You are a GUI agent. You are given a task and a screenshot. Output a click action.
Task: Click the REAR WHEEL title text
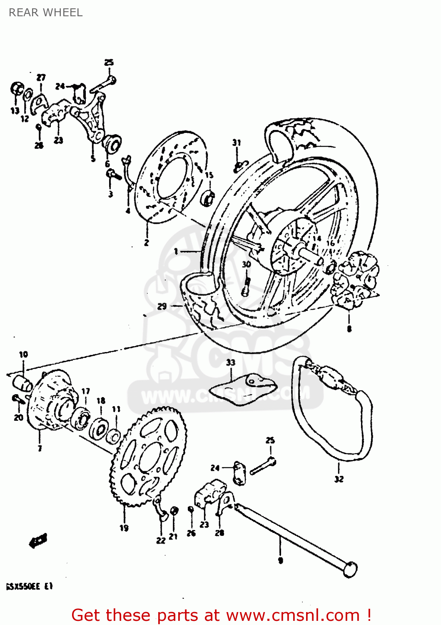click(x=45, y=12)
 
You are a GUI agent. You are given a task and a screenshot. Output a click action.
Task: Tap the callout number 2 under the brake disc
click(x=147, y=242)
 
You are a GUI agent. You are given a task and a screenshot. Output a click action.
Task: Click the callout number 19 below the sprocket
click(x=124, y=528)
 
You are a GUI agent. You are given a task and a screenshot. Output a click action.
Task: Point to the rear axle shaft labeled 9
click(x=292, y=542)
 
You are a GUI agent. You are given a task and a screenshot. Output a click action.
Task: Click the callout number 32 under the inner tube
click(x=339, y=479)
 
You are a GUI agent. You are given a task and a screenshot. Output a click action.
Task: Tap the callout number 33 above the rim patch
click(x=231, y=362)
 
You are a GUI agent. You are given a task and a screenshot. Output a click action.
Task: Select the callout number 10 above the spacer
click(x=23, y=354)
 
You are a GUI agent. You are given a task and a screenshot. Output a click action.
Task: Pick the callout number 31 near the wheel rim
click(x=237, y=142)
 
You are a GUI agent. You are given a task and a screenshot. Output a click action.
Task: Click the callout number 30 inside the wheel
click(x=247, y=264)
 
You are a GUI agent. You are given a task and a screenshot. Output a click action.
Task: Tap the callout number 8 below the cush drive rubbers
click(x=349, y=329)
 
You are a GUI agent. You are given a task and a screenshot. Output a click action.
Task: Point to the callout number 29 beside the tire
click(x=162, y=306)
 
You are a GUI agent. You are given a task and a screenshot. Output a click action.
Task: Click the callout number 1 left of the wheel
click(x=176, y=251)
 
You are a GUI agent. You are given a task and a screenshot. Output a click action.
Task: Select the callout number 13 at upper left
click(x=15, y=110)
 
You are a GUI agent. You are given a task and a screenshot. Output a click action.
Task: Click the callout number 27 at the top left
click(x=41, y=77)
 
